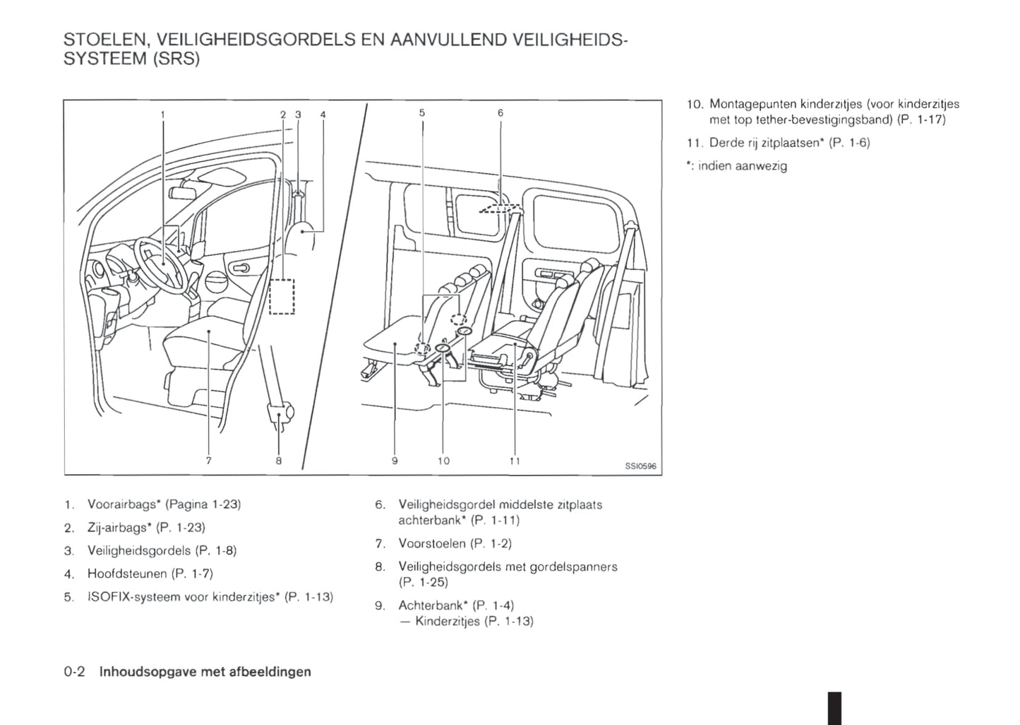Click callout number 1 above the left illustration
163,113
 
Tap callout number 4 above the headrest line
323,114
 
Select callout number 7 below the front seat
208,460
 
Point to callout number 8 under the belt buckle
279,460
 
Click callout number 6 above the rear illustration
500,112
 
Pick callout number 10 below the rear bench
443,461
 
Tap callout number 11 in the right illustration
515,461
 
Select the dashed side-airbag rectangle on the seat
282,296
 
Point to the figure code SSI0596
640,466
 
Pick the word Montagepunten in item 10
748,104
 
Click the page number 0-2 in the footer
74,671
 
